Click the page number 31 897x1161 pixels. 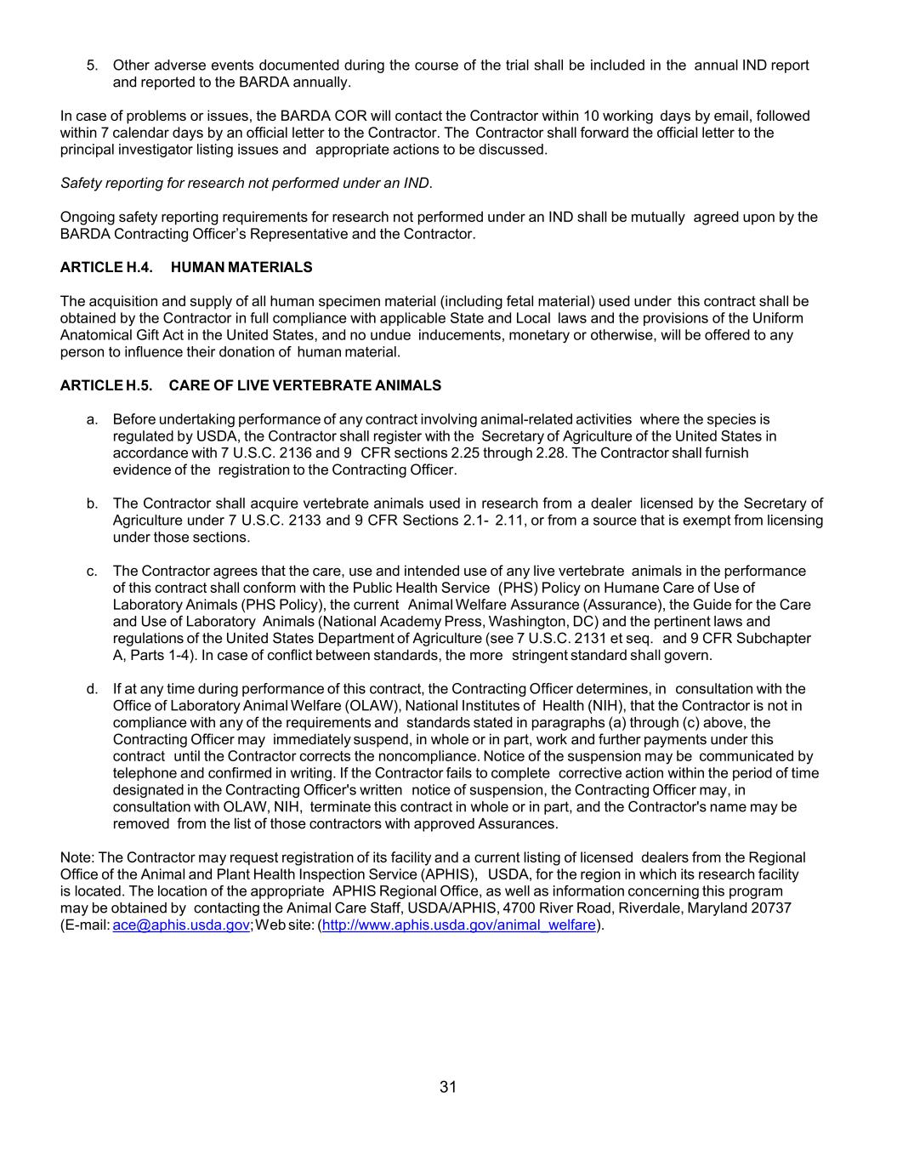448,1086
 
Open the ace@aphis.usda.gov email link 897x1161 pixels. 181,925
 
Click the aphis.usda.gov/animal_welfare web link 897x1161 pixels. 459,925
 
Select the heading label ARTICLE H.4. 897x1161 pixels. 106,267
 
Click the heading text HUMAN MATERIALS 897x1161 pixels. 241,267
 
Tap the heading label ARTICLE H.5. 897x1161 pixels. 106,385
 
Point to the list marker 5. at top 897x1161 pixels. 93,65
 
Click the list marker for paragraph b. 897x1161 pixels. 92,504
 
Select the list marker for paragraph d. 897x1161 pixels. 92,689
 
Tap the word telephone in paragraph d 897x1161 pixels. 145,773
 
